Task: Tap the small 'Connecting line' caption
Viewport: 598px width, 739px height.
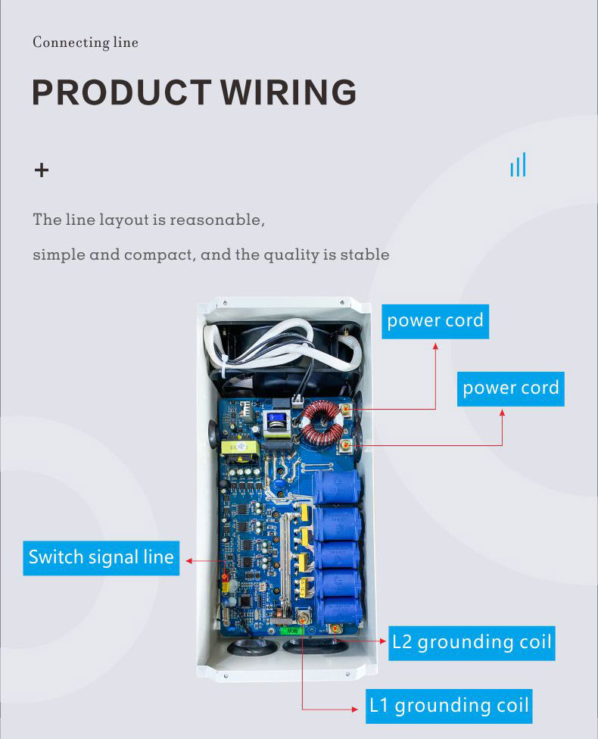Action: pos(86,42)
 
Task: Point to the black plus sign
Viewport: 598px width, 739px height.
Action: pos(42,170)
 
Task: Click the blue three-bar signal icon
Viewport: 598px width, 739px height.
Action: pos(518,165)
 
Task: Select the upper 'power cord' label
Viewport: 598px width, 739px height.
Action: pos(434,320)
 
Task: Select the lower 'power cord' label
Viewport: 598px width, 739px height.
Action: pos(510,388)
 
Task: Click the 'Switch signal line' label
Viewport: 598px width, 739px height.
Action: pos(101,557)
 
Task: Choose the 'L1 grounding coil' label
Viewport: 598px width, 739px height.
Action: pos(448,706)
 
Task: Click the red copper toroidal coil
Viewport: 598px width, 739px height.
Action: pos(319,426)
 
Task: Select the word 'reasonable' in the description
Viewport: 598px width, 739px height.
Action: pos(216,220)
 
